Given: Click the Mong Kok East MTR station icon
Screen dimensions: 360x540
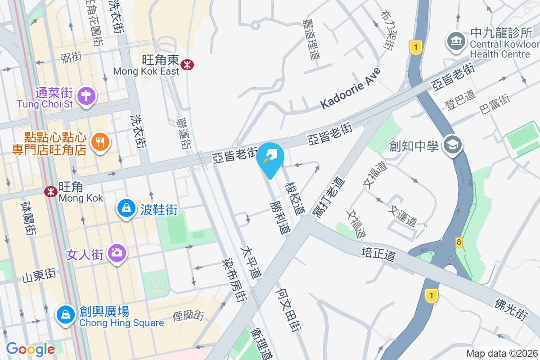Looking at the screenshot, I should click(x=187, y=65).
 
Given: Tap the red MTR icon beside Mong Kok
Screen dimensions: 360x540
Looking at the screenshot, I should click(x=51, y=192).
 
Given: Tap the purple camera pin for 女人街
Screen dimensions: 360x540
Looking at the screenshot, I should click(x=117, y=253).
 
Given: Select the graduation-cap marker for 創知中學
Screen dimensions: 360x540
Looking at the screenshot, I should click(x=452, y=145).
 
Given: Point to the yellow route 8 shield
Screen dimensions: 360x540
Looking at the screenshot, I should click(x=459, y=242).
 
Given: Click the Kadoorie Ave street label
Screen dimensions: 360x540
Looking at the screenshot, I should click(x=351, y=88).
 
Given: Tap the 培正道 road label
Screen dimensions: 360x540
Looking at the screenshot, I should click(x=378, y=253).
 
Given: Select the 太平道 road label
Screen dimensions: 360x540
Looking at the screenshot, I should click(x=251, y=262).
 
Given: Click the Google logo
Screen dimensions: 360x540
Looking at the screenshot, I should click(x=30, y=349).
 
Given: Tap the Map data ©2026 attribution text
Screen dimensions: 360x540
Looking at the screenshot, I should click(x=502, y=353).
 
